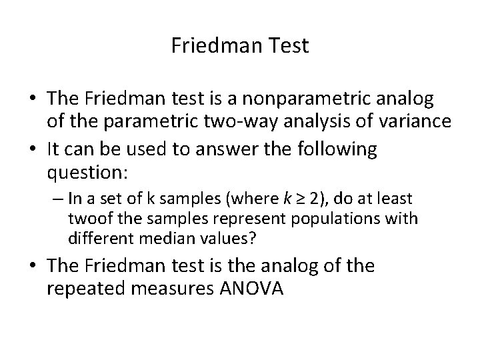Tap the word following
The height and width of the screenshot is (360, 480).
(x=333, y=149)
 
